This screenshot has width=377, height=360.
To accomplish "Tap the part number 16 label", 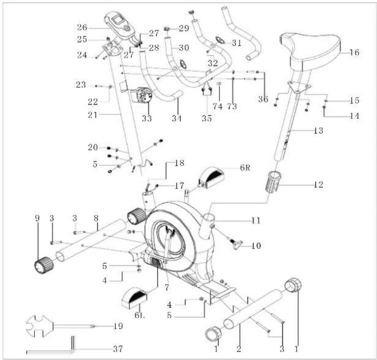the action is click(354, 52).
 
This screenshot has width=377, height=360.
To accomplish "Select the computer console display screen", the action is click(118, 19).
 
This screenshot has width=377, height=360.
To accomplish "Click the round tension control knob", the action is click(144, 96).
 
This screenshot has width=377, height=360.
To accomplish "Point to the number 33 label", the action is click(146, 118).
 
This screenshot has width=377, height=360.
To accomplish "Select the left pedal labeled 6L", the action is click(135, 298).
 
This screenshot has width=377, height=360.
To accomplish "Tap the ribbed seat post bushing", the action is click(273, 181).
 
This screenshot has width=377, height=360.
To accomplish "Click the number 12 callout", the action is click(318, 185).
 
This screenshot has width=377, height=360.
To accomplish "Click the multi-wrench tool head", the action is click(39, 326).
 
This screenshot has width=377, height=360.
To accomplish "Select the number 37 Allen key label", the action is click(118, 349).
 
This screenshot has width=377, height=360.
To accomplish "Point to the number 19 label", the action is click(118, 326).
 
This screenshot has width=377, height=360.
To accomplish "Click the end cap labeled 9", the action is click(44, 265).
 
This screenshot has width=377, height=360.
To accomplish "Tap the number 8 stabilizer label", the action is click(96, 219).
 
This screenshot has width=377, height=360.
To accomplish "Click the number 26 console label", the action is click(82, 28).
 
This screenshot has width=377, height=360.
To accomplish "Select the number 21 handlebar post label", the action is click(93, 115).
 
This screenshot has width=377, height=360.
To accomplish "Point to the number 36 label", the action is click(263, 99).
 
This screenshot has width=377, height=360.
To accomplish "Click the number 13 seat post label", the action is click(318, 130).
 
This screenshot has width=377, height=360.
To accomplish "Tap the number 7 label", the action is click(167, 287).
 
